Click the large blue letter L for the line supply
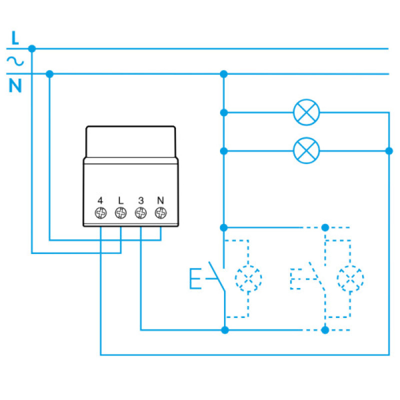pyautogui.click(x=15, y=38)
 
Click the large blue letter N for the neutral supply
pyautogui.click(x=15, y=85)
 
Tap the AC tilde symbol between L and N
pyautogui.click(x=15, y=61)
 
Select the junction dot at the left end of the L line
pyautogui.click(x=32, y=48)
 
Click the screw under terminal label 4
pyautogui.click(x=100, y=213)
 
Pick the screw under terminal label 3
pyautogui.click(x=141, y=213)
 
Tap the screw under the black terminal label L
pyautogui.click(x=120, y=213)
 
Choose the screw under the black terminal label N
pyautogui.click(x=160, y=213)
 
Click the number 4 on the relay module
pyautogui.click(x=100, y=200)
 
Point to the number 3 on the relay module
pyautogui.click(x=141, y=200)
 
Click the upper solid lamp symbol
pyautogui.click(x=306, y=112)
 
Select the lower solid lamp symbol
pyautogui.click(x=306, y=151)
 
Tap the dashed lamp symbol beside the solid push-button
pyautogui.click(x=248, y=278)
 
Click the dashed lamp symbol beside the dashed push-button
pyautogui.click(x=350, y=278)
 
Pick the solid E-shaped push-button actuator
pyautogui.click(x=195, y=278)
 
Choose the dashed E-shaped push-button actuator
pyautogui.click(x=295, y=279)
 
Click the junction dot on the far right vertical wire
pyautogui.click(x=389, y=151)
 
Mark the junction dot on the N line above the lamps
pyautogui.click(x=223, y=74)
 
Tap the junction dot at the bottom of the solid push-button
pyautogui.click(x=225, y=330)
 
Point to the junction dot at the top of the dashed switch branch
pyautogui.click(x=325, y=227)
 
